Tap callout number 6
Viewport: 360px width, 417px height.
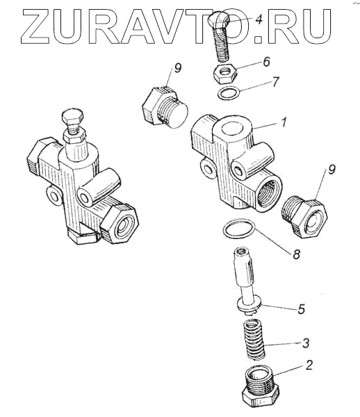[x=266, y=61]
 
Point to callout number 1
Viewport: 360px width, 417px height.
[x=284, y=123]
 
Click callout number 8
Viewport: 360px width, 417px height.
[x=295, y=254]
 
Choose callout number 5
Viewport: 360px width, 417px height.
[x=301, y=309]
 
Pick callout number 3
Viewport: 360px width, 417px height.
[x=306, y=343]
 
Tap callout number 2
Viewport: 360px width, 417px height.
[x=309, y=366]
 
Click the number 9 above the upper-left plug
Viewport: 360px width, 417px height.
[x=177, y=68]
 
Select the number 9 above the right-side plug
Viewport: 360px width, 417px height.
[x=331, y=170]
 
